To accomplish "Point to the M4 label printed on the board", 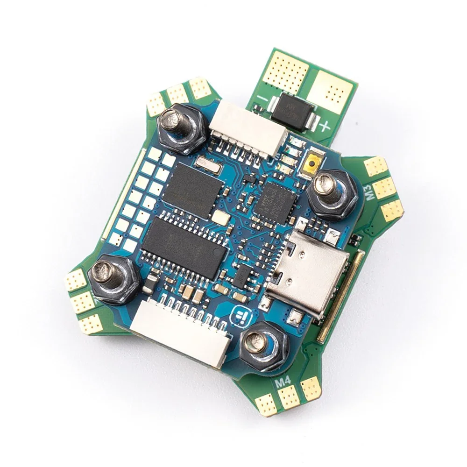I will (x=283, y=381).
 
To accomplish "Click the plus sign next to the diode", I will (x=325, y=126).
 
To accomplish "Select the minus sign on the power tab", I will (x=262, y=99).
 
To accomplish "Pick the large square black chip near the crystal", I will (x=192, y=190).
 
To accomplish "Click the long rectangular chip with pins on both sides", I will (x=184, y=248).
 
